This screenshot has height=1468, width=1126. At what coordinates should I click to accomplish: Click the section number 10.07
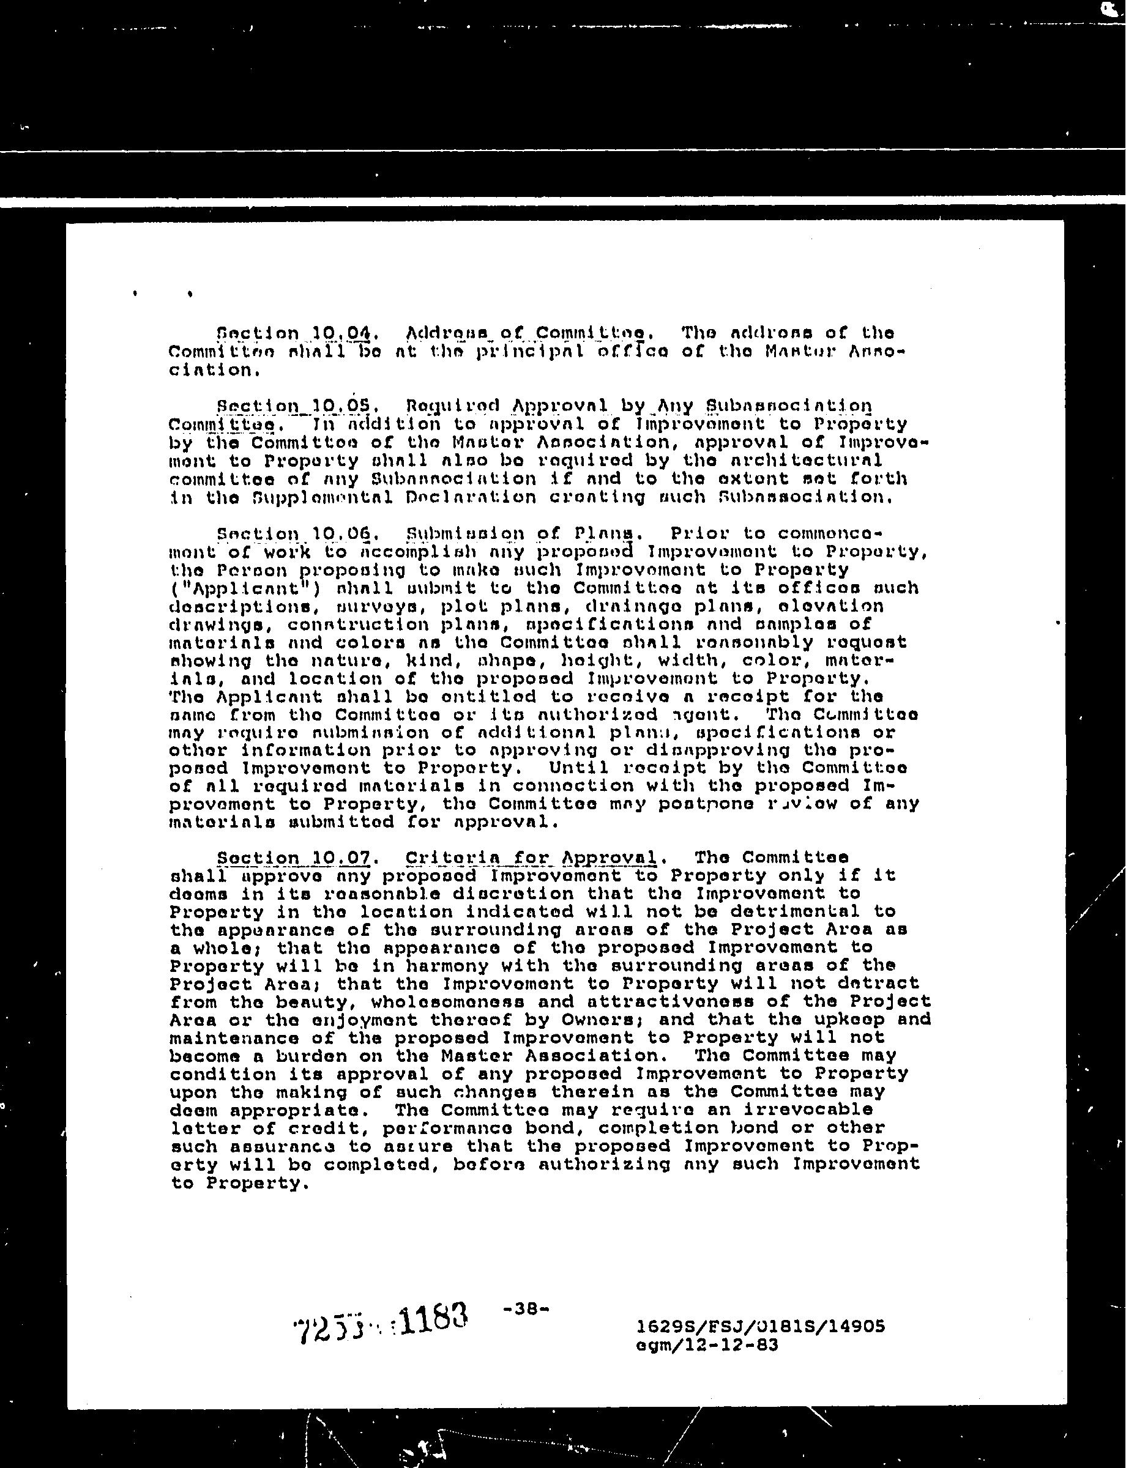click(x=293, y=858)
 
